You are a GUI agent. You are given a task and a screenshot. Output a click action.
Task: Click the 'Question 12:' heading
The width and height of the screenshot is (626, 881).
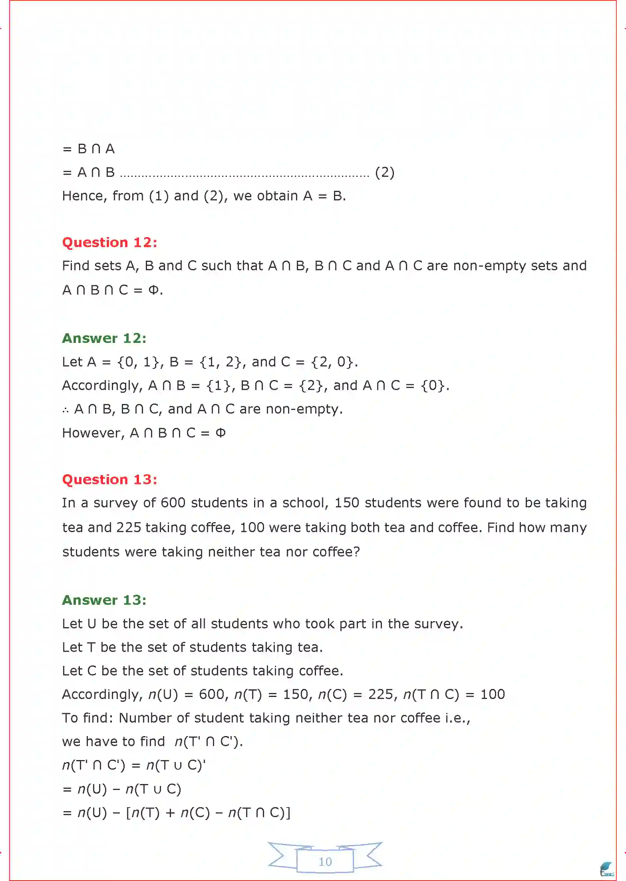point(109,242)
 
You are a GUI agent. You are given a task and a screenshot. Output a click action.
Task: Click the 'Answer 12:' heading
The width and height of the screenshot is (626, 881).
point(104,338)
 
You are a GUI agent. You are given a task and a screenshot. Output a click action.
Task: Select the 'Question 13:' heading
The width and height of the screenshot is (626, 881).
point(109,479)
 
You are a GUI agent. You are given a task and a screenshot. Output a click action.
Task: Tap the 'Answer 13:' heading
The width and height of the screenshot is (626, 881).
point(104,600)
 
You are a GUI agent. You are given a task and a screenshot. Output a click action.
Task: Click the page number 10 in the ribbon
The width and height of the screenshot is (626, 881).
point(325,861)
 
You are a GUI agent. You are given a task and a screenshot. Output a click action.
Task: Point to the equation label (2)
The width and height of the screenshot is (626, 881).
point(385,172)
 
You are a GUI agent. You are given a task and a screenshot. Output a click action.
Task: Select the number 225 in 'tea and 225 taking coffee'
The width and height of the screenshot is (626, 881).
point(129,527)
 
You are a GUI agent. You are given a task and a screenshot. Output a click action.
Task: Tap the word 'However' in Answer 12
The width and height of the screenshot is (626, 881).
point(93,433)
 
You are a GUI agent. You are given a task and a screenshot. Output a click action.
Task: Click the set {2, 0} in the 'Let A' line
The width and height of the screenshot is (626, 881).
point(332,362)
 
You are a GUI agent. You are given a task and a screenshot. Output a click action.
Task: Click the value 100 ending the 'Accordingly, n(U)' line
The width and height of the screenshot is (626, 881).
point(492,694)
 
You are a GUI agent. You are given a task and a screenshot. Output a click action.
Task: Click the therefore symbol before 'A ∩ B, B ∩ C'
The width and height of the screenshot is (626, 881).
point(66,410)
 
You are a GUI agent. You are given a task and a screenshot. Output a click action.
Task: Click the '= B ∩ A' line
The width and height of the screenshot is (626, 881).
point(89,149)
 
